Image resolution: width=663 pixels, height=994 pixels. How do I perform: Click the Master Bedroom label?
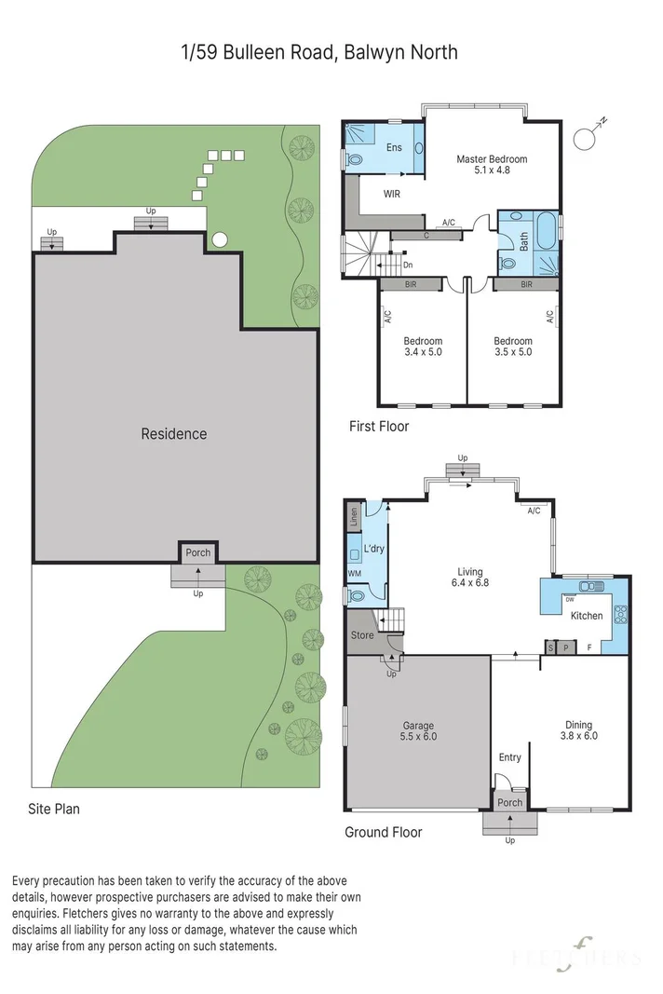tap(492, 159)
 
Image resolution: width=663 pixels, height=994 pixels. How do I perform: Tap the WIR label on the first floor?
tap(392, 194)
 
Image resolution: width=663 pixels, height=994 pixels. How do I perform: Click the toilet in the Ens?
tap(353, 158)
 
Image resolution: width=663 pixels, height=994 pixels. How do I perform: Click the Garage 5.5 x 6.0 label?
tap(418, 731)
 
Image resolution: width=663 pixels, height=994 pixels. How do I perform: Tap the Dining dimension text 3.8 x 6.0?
tap(578, 736)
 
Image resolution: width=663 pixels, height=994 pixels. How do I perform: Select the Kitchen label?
tap(587, 616)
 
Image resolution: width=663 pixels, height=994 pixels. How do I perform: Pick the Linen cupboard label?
tap(354, 515)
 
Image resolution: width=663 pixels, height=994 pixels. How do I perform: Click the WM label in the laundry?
tap(355, 573)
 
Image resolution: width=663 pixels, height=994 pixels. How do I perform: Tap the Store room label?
tap(362, 635)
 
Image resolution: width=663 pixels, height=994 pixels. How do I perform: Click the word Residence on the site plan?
tap(174, 433)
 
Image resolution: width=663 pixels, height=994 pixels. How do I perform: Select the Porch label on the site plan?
tap(197, 552)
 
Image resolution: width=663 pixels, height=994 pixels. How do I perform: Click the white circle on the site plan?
tap(220, 240)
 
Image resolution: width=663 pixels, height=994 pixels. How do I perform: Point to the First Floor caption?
tap(379, 426)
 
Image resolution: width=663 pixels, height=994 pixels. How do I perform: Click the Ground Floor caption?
tap(383, 832)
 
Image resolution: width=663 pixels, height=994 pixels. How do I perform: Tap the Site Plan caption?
tap(54, 809)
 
